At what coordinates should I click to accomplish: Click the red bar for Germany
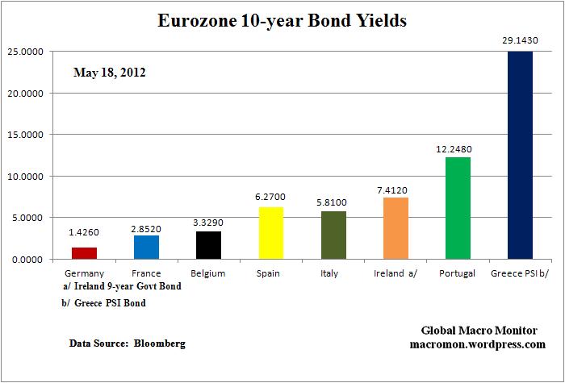coord(83,252)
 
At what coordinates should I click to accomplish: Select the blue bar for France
coord(146,247)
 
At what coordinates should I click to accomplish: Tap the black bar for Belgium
coord(208,245)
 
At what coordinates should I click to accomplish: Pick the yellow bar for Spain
coord(270,233)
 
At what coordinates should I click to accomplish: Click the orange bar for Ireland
coord(395,228)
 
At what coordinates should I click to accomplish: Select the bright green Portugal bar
coord(458,208)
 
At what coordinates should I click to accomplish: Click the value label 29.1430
coord(519,39)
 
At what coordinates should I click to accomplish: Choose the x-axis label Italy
coord(333,273)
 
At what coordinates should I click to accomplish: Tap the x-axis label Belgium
coord(208,273)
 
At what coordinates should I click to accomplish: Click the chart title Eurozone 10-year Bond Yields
coord(282,21)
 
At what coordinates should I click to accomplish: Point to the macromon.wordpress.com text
coord(483,344)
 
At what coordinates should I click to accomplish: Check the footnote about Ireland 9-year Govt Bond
coord(122,286)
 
